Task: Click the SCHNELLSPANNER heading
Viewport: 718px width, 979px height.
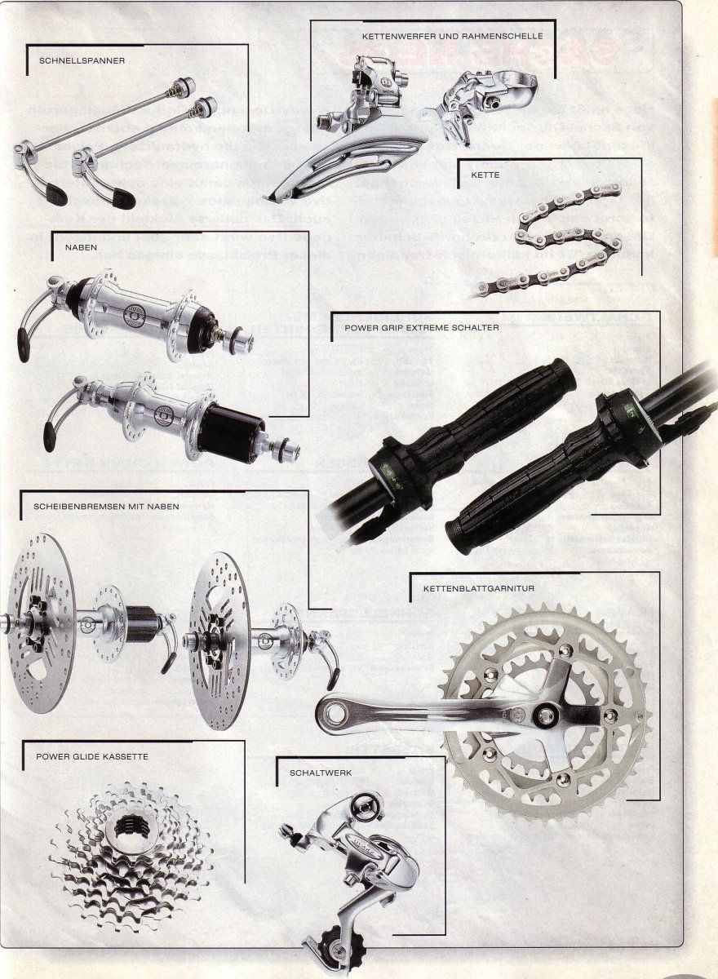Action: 82,60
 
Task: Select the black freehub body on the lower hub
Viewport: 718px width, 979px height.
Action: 231,432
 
